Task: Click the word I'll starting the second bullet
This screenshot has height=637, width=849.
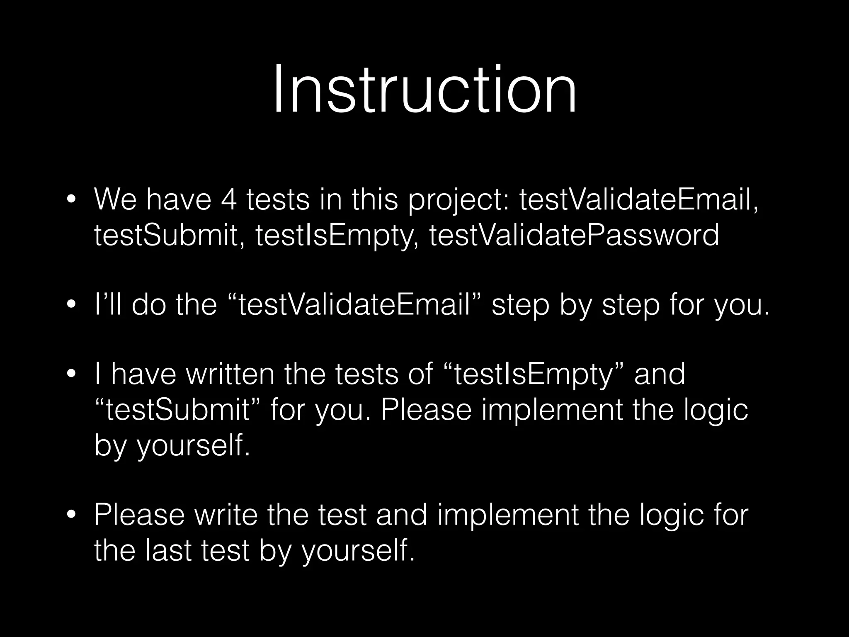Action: (x=109, y=305)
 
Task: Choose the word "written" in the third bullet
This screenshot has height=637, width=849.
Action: (x=230, y=374)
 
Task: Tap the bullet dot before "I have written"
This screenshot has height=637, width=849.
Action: (x=71, y=374)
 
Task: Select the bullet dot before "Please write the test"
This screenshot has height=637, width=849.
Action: (x=71, y=515)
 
